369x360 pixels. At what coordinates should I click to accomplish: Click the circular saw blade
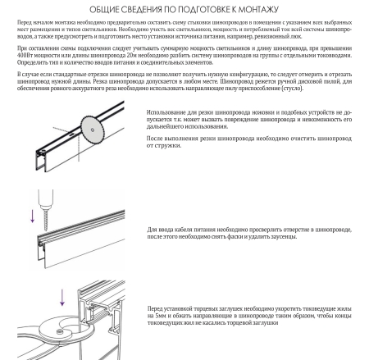93,130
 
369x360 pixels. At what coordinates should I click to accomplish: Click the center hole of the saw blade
93,130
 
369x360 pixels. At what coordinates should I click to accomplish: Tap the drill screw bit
46,220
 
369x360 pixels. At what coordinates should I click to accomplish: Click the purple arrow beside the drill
32,216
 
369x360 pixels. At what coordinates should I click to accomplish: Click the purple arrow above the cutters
62,298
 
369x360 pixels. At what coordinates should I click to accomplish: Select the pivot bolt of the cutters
60,332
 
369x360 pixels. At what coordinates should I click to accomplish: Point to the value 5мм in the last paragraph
161,316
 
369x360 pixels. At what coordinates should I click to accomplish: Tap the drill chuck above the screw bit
46,199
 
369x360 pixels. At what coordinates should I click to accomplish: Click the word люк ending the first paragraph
297,37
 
